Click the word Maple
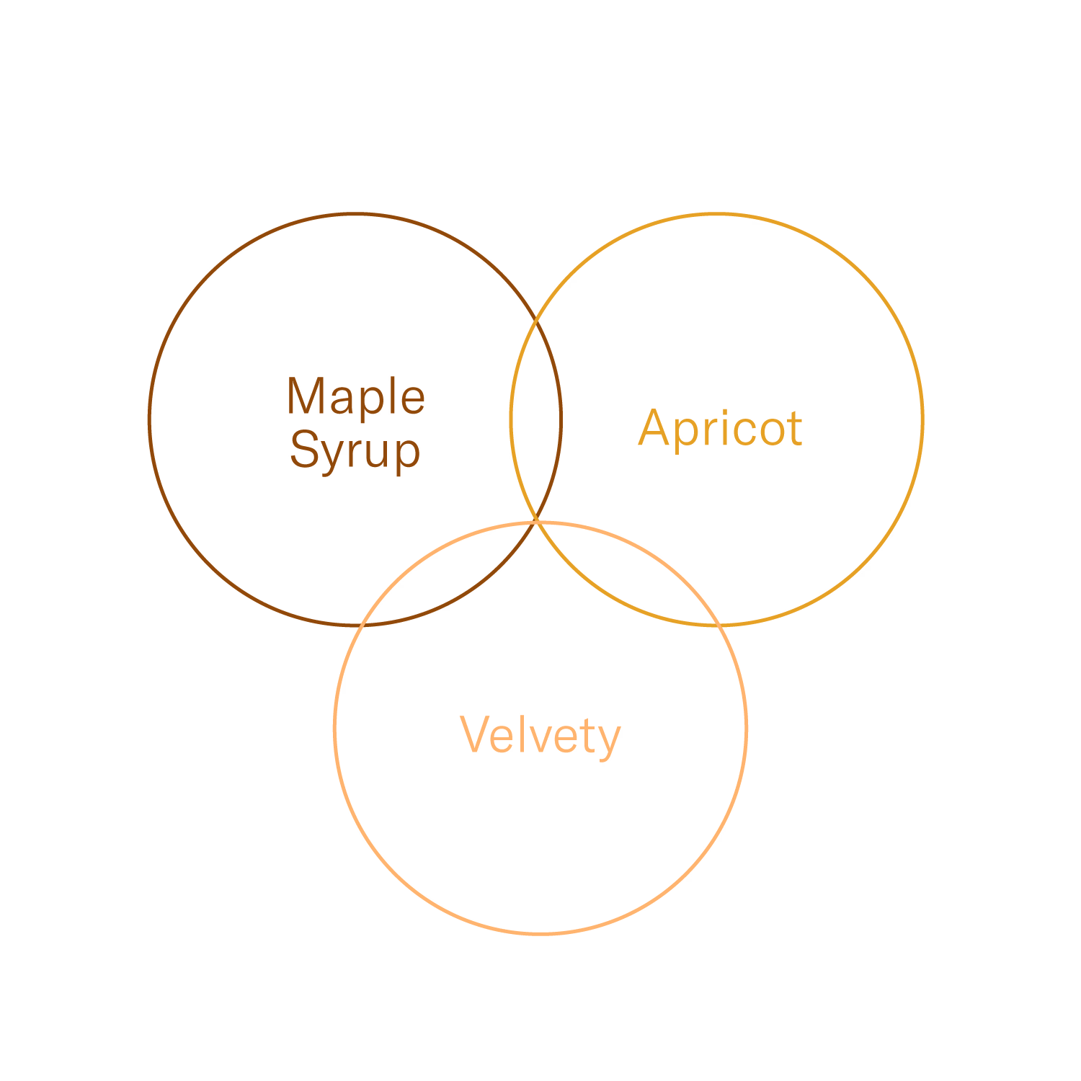tap(356, 397)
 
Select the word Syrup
tap(355, 450)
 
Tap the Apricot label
tap(720, 428)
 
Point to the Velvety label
tap(540, 736)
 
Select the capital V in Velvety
tap(475, 734)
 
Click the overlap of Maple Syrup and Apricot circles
tap(535, 418)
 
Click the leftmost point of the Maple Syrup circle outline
tap(149, 419)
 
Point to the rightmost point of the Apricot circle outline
tap(922, 419)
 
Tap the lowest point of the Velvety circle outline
tap(540, 933)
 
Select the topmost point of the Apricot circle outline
tap(716, 214)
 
